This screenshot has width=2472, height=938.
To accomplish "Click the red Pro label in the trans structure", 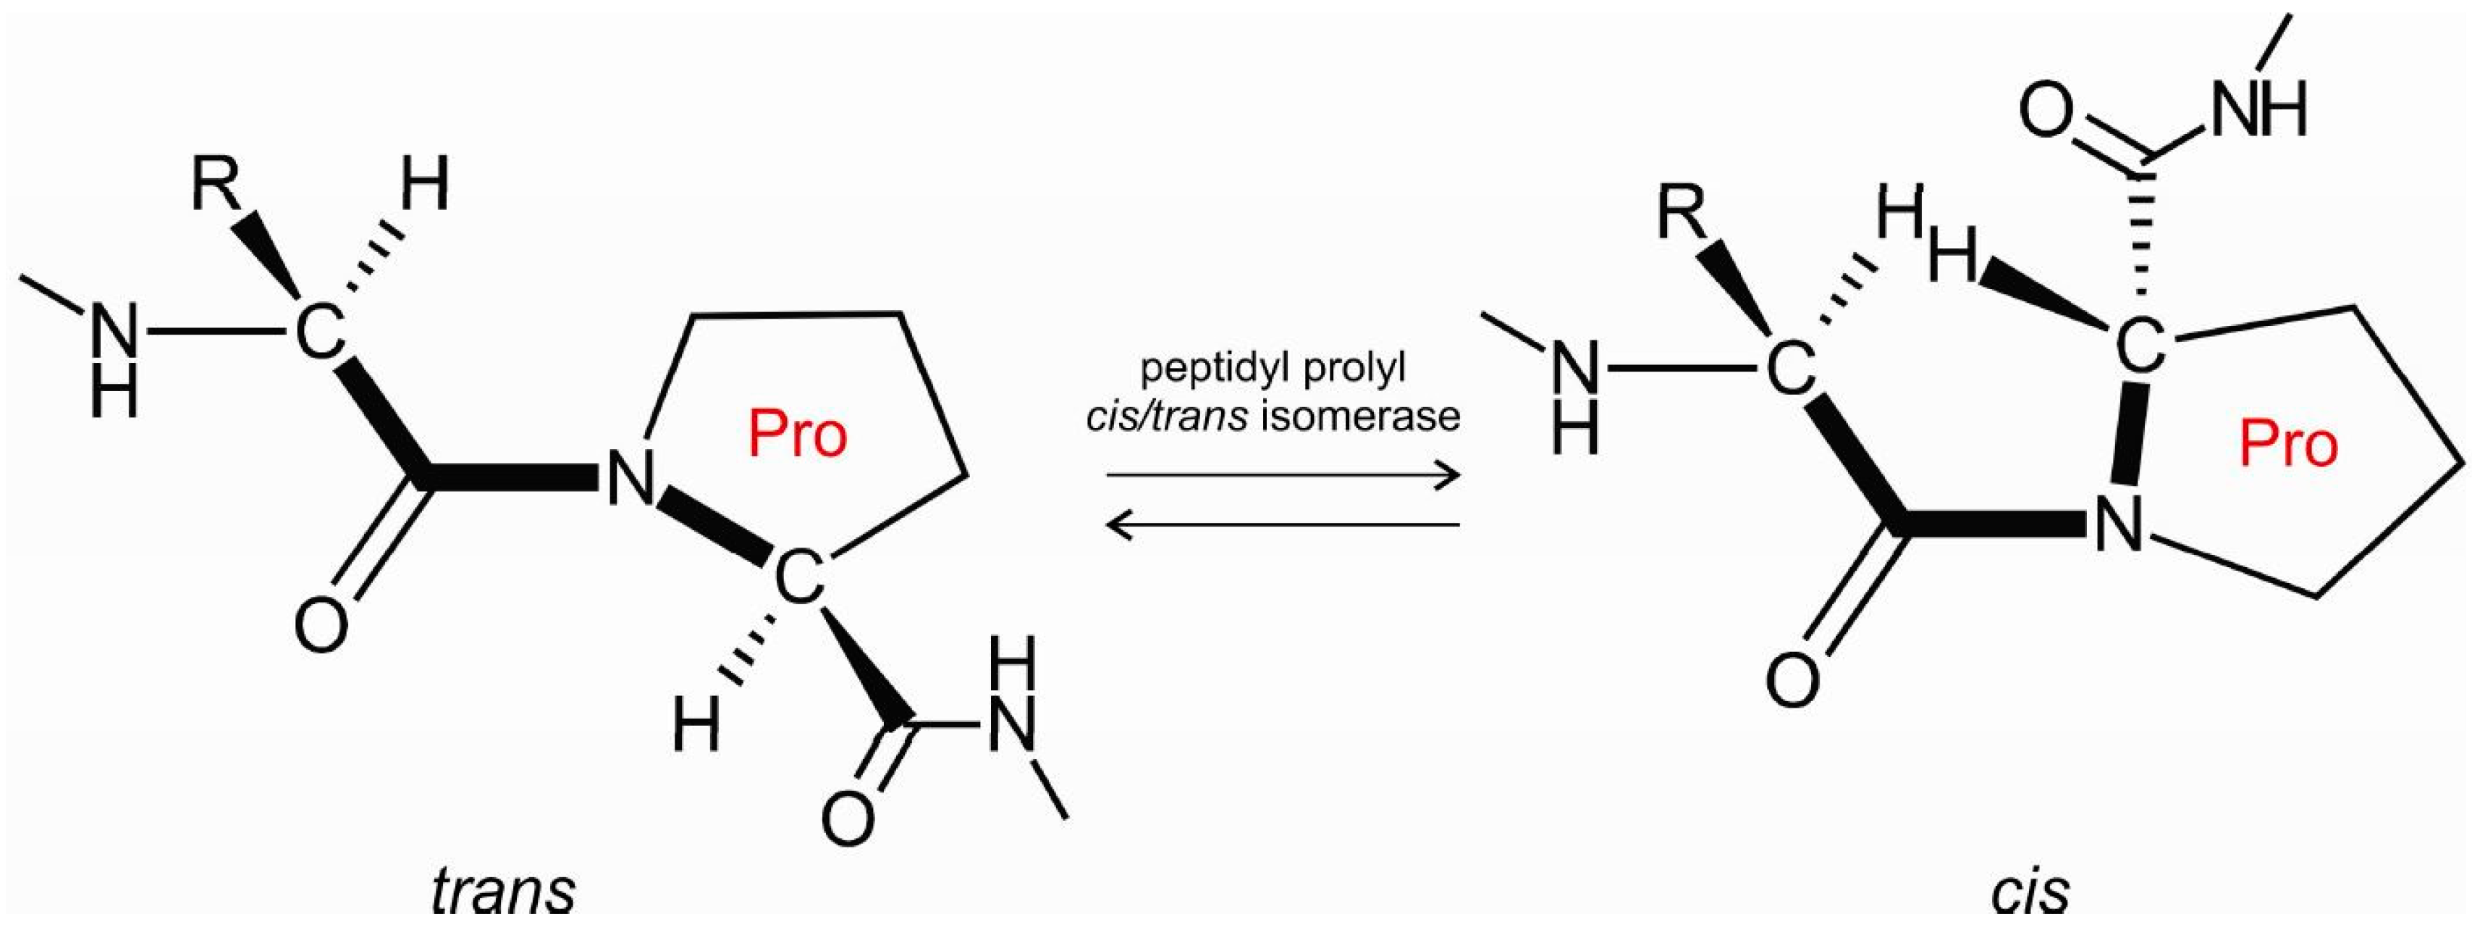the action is pos(798,435).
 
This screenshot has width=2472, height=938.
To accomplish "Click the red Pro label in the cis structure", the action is pos(2289,445).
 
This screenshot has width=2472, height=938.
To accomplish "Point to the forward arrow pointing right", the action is pos(1282,475).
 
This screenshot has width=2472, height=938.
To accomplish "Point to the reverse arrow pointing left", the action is pos(1282,524).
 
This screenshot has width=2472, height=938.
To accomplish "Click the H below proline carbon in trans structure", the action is pos(696,725).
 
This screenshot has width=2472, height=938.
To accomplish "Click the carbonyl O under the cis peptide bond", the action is pos(1792,679).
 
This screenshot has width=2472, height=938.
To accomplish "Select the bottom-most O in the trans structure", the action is pos(848,817).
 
